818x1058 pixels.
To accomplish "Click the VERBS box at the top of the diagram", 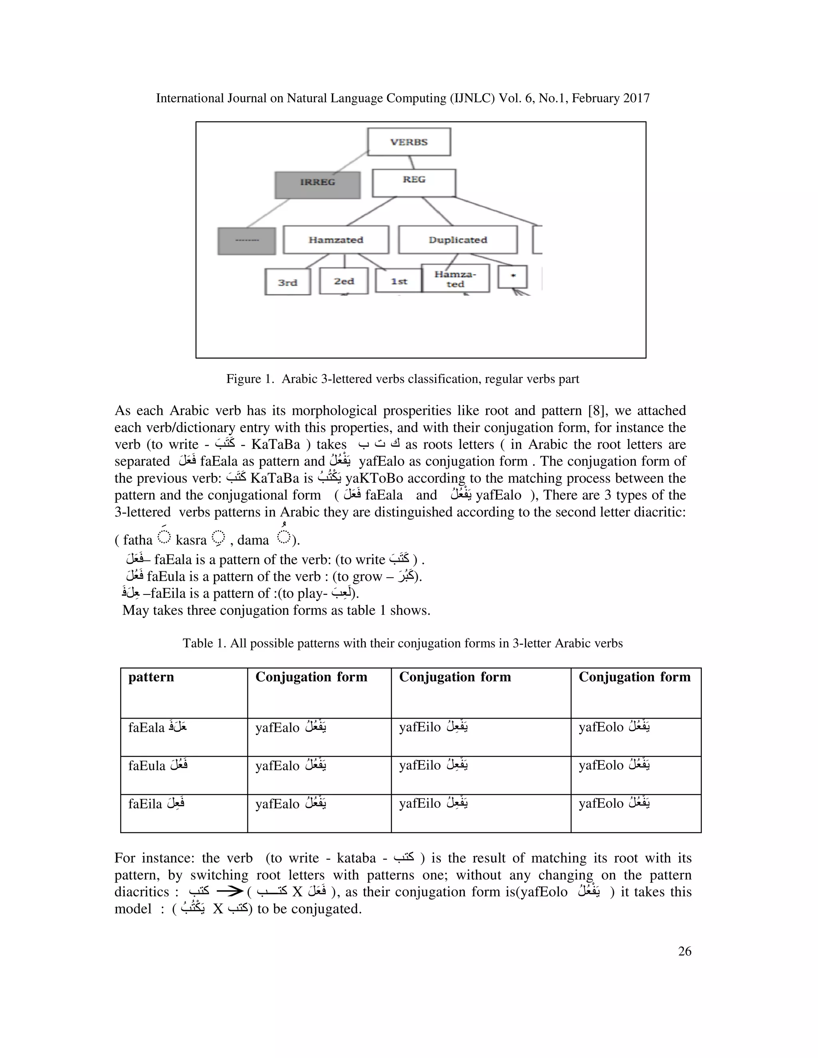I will click(x=409, y=142).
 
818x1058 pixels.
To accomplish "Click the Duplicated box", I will click(x=457, y=240).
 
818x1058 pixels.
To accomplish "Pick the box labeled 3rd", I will click(x=287, y=282).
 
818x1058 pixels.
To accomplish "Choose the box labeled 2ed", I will click(x=343, y=281).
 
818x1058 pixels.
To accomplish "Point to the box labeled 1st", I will click(x=398, y=281).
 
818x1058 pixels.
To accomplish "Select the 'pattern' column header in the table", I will click(x=151, y=677).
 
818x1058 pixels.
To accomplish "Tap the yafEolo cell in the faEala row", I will click(x=613, y=727).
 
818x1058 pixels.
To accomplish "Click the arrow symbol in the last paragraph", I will click(x=229, y=892).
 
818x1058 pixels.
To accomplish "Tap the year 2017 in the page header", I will click(x=636, y=98).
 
